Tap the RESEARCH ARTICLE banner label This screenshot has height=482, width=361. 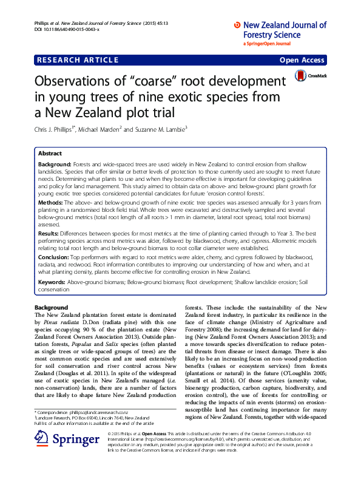tap(77, 60)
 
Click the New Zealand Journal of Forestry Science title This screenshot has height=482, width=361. tap(283, 30)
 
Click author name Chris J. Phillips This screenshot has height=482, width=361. tap(58, 129)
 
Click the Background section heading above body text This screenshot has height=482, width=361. tap(51, 308)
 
